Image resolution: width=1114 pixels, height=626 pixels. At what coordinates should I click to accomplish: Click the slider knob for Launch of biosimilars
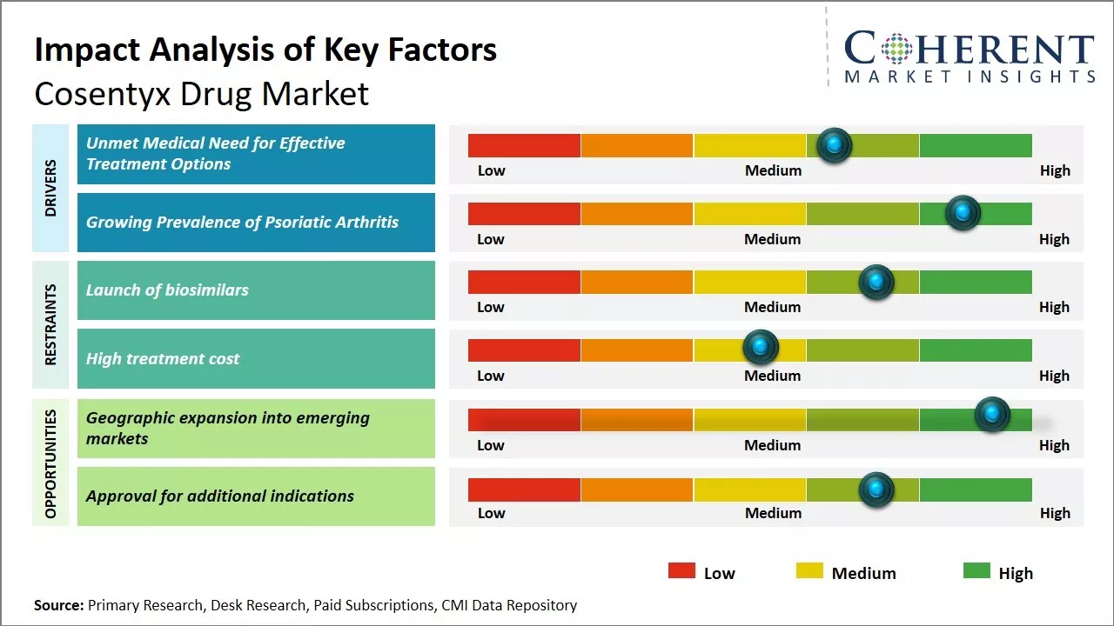pos(876,282)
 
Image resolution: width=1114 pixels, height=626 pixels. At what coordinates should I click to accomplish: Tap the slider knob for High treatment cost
pos(761,348)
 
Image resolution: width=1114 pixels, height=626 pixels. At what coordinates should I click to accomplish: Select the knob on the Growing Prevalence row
pos(963,213)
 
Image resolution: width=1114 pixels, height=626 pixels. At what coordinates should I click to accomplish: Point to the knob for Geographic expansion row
pos(992,415)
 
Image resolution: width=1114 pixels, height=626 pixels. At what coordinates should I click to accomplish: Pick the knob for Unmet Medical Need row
pos(835,144)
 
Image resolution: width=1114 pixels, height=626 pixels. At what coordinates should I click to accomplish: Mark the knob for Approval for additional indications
pos(876,489)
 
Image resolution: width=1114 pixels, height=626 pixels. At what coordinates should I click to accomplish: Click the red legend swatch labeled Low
pos(681,571)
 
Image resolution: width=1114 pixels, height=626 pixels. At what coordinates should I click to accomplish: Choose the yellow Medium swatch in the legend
pos(809,571)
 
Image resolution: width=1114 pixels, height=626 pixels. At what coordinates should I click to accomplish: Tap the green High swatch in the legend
pos(976,571)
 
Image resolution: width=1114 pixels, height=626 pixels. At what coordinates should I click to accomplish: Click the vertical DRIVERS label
pos(50,188)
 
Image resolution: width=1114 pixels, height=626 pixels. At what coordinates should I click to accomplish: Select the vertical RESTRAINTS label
pos(50,324)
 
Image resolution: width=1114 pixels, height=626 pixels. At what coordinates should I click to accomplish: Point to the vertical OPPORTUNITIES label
pos(50,463)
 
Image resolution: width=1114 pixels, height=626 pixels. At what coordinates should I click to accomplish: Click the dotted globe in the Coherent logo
pos(896,49)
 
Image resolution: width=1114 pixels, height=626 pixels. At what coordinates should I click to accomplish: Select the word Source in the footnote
pos(57,605)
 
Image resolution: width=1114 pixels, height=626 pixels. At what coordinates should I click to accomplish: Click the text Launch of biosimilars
pos(167,290)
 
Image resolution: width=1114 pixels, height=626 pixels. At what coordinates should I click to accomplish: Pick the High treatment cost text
pos(163,358)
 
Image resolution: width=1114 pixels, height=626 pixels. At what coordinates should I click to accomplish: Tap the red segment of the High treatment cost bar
pos(524,350)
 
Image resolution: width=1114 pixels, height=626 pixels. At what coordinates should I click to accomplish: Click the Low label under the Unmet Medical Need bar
pos(491,170)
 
